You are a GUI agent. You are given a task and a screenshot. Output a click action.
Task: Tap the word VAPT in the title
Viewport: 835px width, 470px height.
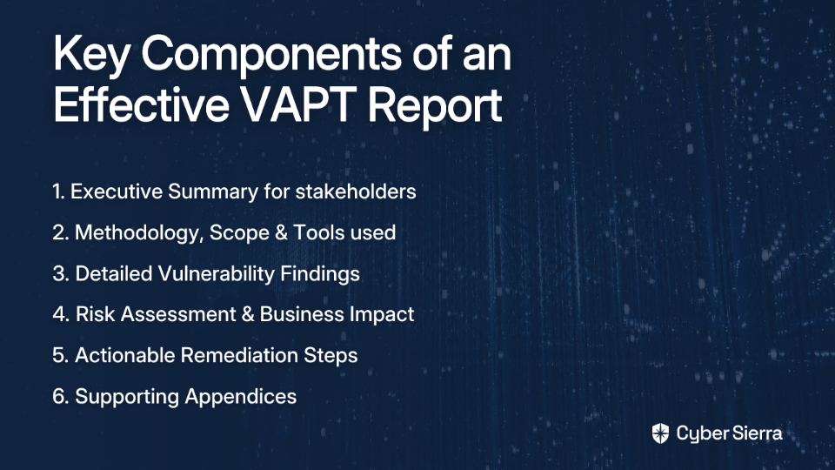(298, 104)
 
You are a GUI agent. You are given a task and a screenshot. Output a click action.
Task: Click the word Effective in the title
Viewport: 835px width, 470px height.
(141, 104)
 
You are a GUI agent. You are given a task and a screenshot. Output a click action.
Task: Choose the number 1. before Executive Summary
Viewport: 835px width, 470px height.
(58, 191)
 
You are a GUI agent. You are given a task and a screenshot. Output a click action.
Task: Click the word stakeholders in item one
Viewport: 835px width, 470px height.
(356, 191)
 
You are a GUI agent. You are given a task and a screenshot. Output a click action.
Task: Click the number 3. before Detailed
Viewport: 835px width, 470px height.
(61, 274)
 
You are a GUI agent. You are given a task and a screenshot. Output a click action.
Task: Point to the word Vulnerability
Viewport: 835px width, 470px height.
(216, 274)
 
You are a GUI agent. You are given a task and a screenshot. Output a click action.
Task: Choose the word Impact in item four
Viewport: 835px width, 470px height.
(383, 315)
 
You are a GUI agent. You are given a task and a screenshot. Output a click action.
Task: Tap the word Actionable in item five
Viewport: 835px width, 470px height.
(124, 355)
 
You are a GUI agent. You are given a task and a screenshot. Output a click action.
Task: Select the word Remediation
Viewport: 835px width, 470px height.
(239, 355)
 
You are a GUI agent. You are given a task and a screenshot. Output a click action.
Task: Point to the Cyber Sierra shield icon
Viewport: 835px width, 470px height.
(660, 433)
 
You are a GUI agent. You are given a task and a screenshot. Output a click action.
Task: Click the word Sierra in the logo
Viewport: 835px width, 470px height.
(756, 433)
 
